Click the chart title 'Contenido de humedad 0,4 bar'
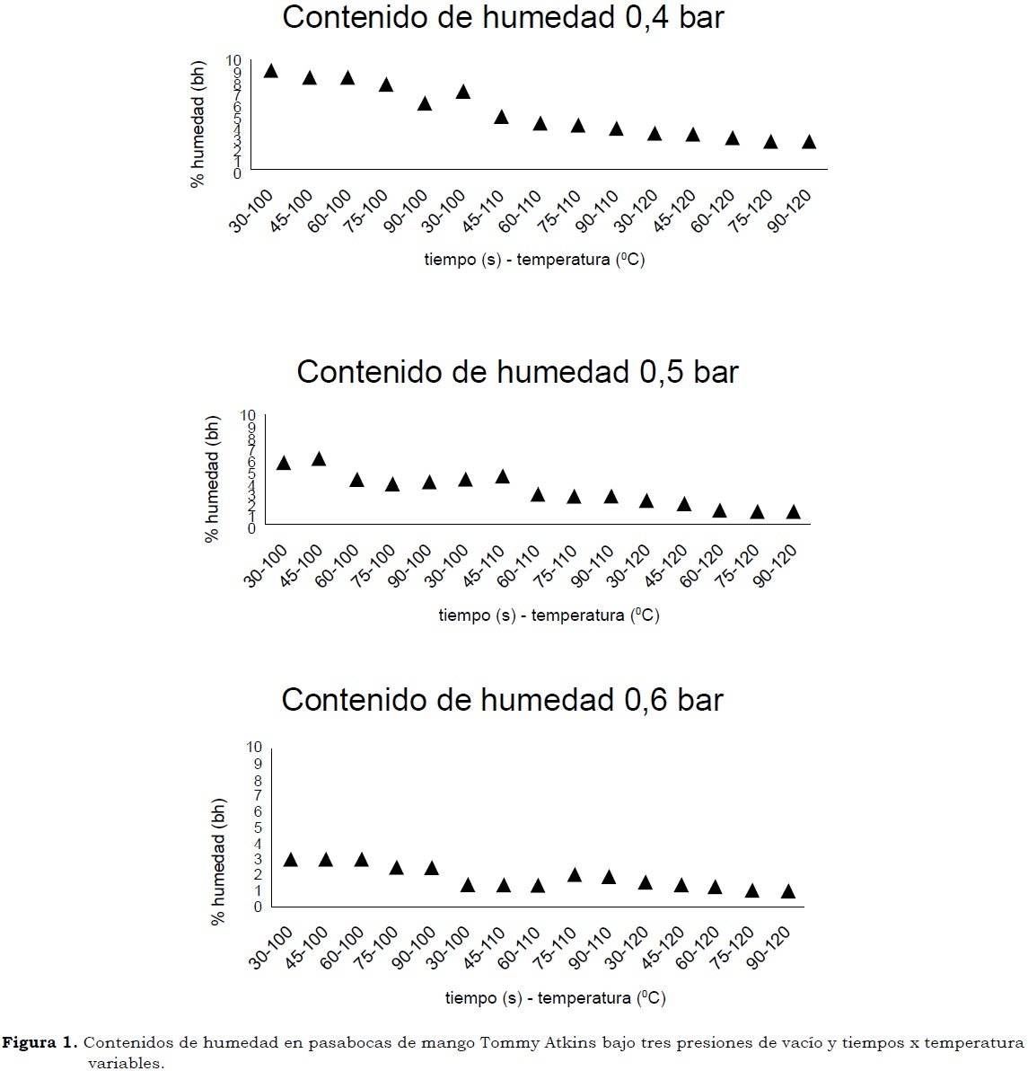[x=503, y=17]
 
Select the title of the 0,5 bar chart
[x=517, y=372]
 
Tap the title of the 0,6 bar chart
[x=502, y=700]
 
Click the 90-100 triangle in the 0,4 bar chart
[x=425, y=103]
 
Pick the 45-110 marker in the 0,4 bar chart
[x=501, y=117]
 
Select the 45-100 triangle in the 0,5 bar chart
[x=319, y=459]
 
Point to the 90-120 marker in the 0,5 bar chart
[x=793, y=512]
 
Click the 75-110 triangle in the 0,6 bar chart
[x=575, y=875]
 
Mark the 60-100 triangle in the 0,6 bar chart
[x=361, y=860]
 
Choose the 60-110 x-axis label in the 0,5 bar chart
[x=521, y=567]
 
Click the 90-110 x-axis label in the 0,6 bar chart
[x=593, y=948]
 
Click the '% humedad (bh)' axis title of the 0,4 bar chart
[x=198, y=122]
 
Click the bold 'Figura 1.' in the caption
[x=40, y=1043]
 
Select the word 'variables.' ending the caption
[x=127, y=1063]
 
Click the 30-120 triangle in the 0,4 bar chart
[x=655, y=134]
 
